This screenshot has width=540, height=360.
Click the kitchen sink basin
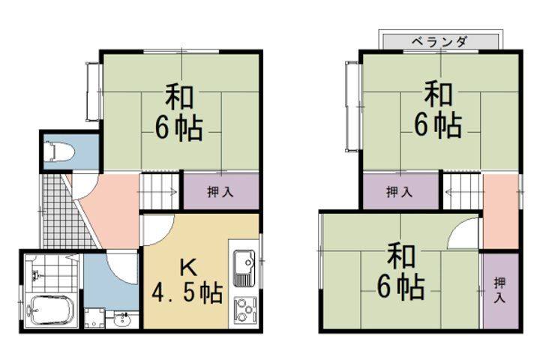[x=244, y=268]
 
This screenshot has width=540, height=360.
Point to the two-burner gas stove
[x=244, y=309]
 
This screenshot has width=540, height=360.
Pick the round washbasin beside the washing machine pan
[x=122, y=321]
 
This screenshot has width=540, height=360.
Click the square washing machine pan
[x=94, y=319]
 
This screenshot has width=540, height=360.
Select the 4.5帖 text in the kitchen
[x=187, y=293]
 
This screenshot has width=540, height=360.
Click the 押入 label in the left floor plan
[x=220, y=192]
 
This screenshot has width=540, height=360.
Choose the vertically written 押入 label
[x=499, y=290]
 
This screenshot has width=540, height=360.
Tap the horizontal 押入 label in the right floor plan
[x=399, y=192]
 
